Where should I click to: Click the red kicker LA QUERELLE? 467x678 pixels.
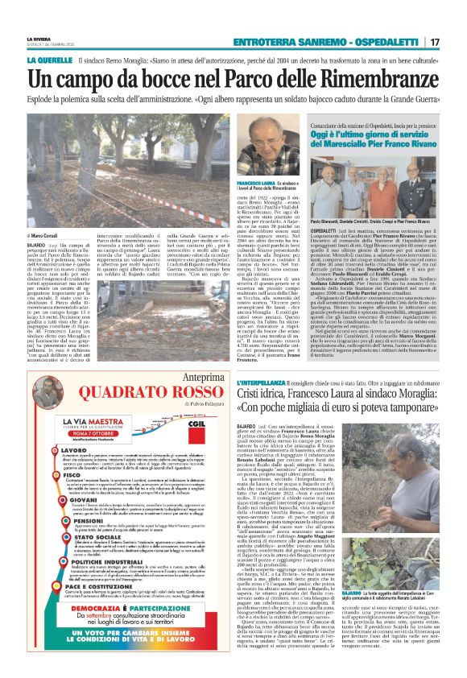[50, 60]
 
